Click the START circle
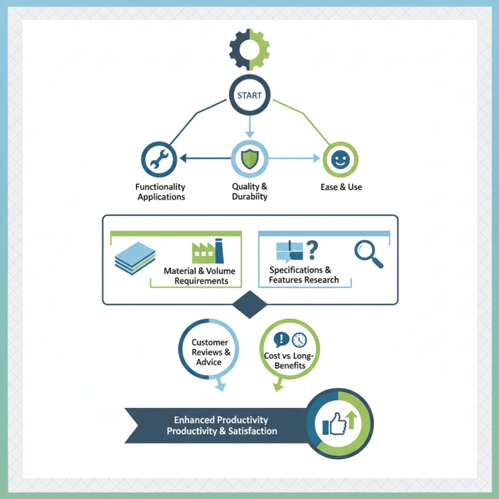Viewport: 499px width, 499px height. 249,95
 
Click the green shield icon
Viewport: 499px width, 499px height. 249,158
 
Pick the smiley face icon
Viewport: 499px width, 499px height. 340,160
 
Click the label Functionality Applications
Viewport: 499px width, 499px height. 160,191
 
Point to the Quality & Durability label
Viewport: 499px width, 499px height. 249,191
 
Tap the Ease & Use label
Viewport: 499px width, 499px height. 341,187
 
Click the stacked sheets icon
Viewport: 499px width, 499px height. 135,259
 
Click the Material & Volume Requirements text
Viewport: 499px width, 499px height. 196,276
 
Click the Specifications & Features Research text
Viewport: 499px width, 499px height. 304,275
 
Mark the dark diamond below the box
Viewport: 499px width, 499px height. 249,304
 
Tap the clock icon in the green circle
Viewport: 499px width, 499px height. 299,339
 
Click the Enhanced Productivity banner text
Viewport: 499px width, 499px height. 221,425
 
